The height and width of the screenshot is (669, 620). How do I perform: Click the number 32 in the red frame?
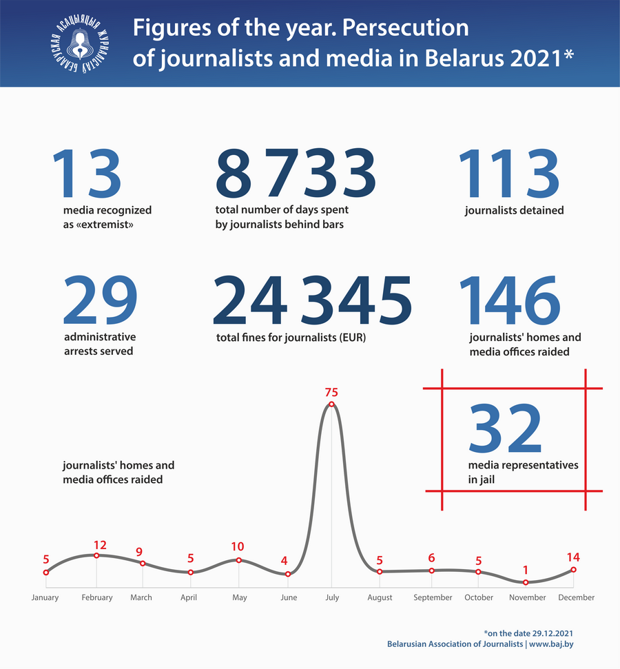click(x=506, y=429)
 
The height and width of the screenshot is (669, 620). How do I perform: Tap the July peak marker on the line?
click(x=331, y=404)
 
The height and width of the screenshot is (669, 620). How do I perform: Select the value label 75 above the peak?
click(x=331, y=392)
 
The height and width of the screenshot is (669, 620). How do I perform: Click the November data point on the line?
click(x=526, y=582)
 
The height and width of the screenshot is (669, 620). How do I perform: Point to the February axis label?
click(x=96, y=597)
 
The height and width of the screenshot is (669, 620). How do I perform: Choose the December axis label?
click(x=576, y=597)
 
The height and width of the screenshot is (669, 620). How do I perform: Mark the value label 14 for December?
click(x=573, y=557)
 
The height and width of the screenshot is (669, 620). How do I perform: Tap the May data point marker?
click(x=238, y=560)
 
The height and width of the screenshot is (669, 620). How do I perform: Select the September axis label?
click(x=433, y=597)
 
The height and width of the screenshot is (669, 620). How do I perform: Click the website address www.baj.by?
click(x=552, y=644)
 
